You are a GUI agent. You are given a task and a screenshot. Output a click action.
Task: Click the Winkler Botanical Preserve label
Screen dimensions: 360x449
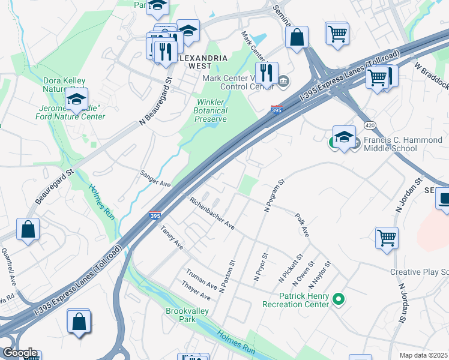coord(211,110)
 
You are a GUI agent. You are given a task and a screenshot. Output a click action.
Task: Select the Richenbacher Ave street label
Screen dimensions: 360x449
coord(212,214)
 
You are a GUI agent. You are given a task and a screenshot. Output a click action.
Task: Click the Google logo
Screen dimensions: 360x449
coord(19,353)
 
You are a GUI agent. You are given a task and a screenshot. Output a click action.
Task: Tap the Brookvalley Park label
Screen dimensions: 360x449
coord(181,315)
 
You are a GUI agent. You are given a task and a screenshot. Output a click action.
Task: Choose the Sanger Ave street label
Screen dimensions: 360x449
coord(156,179)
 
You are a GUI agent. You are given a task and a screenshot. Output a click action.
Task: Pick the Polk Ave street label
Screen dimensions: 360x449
coord(301,224)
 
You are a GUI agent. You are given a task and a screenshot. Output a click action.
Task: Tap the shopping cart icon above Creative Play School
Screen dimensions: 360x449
coord(387,236)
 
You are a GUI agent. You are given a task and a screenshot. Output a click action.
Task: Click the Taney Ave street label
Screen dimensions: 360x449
coord(172,238)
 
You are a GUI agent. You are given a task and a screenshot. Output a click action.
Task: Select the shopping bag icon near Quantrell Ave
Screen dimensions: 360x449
coord(28,229)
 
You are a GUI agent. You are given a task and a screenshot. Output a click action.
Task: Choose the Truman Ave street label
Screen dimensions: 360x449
coord(202,278)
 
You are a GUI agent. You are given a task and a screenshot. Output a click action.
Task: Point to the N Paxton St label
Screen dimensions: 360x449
coord(227,276)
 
